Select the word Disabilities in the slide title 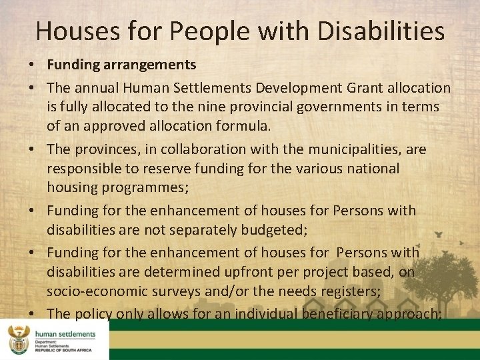pyautogui.click(x=383, y=31)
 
